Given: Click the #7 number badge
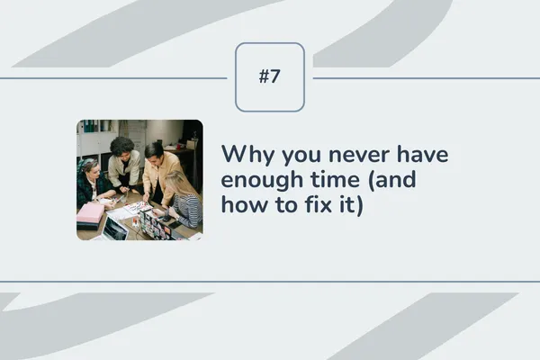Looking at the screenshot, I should (x=270, y=77).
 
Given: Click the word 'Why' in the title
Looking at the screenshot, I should (x=244, y=155).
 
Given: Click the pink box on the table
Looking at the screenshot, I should (x=90, y=212).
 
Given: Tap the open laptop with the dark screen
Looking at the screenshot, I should (x=115, y=229).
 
